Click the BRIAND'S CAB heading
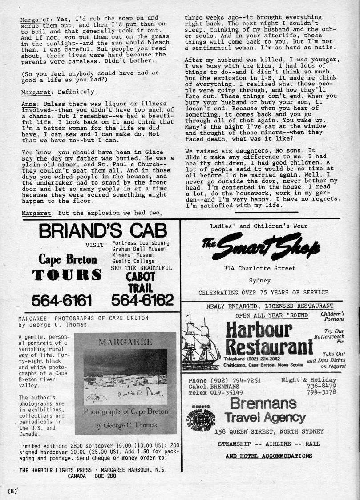pyautogui.click(x=103, y=231)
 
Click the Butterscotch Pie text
pyautogui.click(x=333, y=338)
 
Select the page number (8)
pyautogui.click(x=12, y=491)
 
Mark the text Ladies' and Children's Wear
pyautogui.click(x=259, y=226)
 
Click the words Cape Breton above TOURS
pyautogui.click(x=68, y=259)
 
